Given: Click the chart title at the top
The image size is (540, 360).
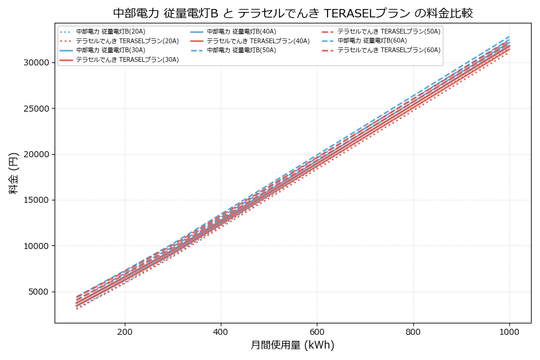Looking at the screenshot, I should point(293,13).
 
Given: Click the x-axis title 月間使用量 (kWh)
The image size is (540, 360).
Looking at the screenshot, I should point(293,346).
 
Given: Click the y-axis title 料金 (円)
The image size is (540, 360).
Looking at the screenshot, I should point(13,173).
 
